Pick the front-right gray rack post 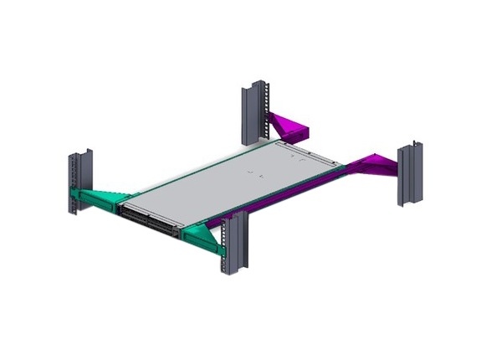231,243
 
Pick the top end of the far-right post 410,147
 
